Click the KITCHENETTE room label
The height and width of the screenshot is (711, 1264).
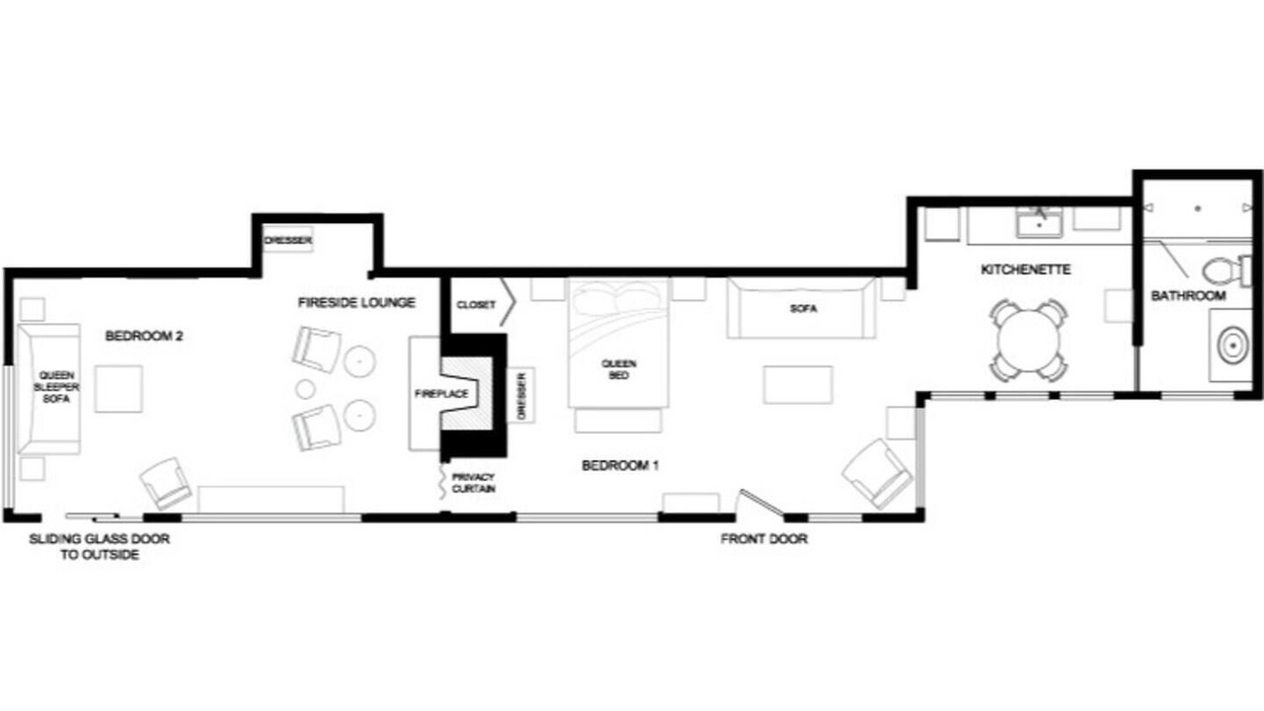(1025, 270)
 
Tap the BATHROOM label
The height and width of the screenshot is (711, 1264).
(1188, 295)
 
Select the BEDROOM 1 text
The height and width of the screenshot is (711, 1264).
(620, 465)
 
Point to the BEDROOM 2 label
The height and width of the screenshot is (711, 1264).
(144, 337)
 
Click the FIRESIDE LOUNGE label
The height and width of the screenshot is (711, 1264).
(356, 303)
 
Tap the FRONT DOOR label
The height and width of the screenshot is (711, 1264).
(764, 539)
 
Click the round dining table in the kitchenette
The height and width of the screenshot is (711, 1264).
(1029, 341)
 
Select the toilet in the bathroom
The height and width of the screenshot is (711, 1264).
(1225, 271)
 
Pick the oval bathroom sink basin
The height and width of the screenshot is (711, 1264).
(1232, 346)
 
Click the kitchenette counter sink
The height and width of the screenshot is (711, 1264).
(1040, 223)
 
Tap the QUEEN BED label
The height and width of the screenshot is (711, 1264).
(619, 369)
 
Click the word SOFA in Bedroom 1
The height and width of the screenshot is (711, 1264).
(804, 309)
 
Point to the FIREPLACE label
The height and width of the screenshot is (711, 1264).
(441, 394)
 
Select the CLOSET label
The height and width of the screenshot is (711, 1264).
(476, 305)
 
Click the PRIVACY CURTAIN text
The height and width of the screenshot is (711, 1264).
(473, 483)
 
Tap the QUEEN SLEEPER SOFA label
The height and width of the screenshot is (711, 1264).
(56, 387)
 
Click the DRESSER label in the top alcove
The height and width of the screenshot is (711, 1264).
(287, 240)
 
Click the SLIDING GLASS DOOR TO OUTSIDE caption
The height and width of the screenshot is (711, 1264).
(100, 547)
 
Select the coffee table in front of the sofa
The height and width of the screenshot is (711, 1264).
(798, 385)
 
